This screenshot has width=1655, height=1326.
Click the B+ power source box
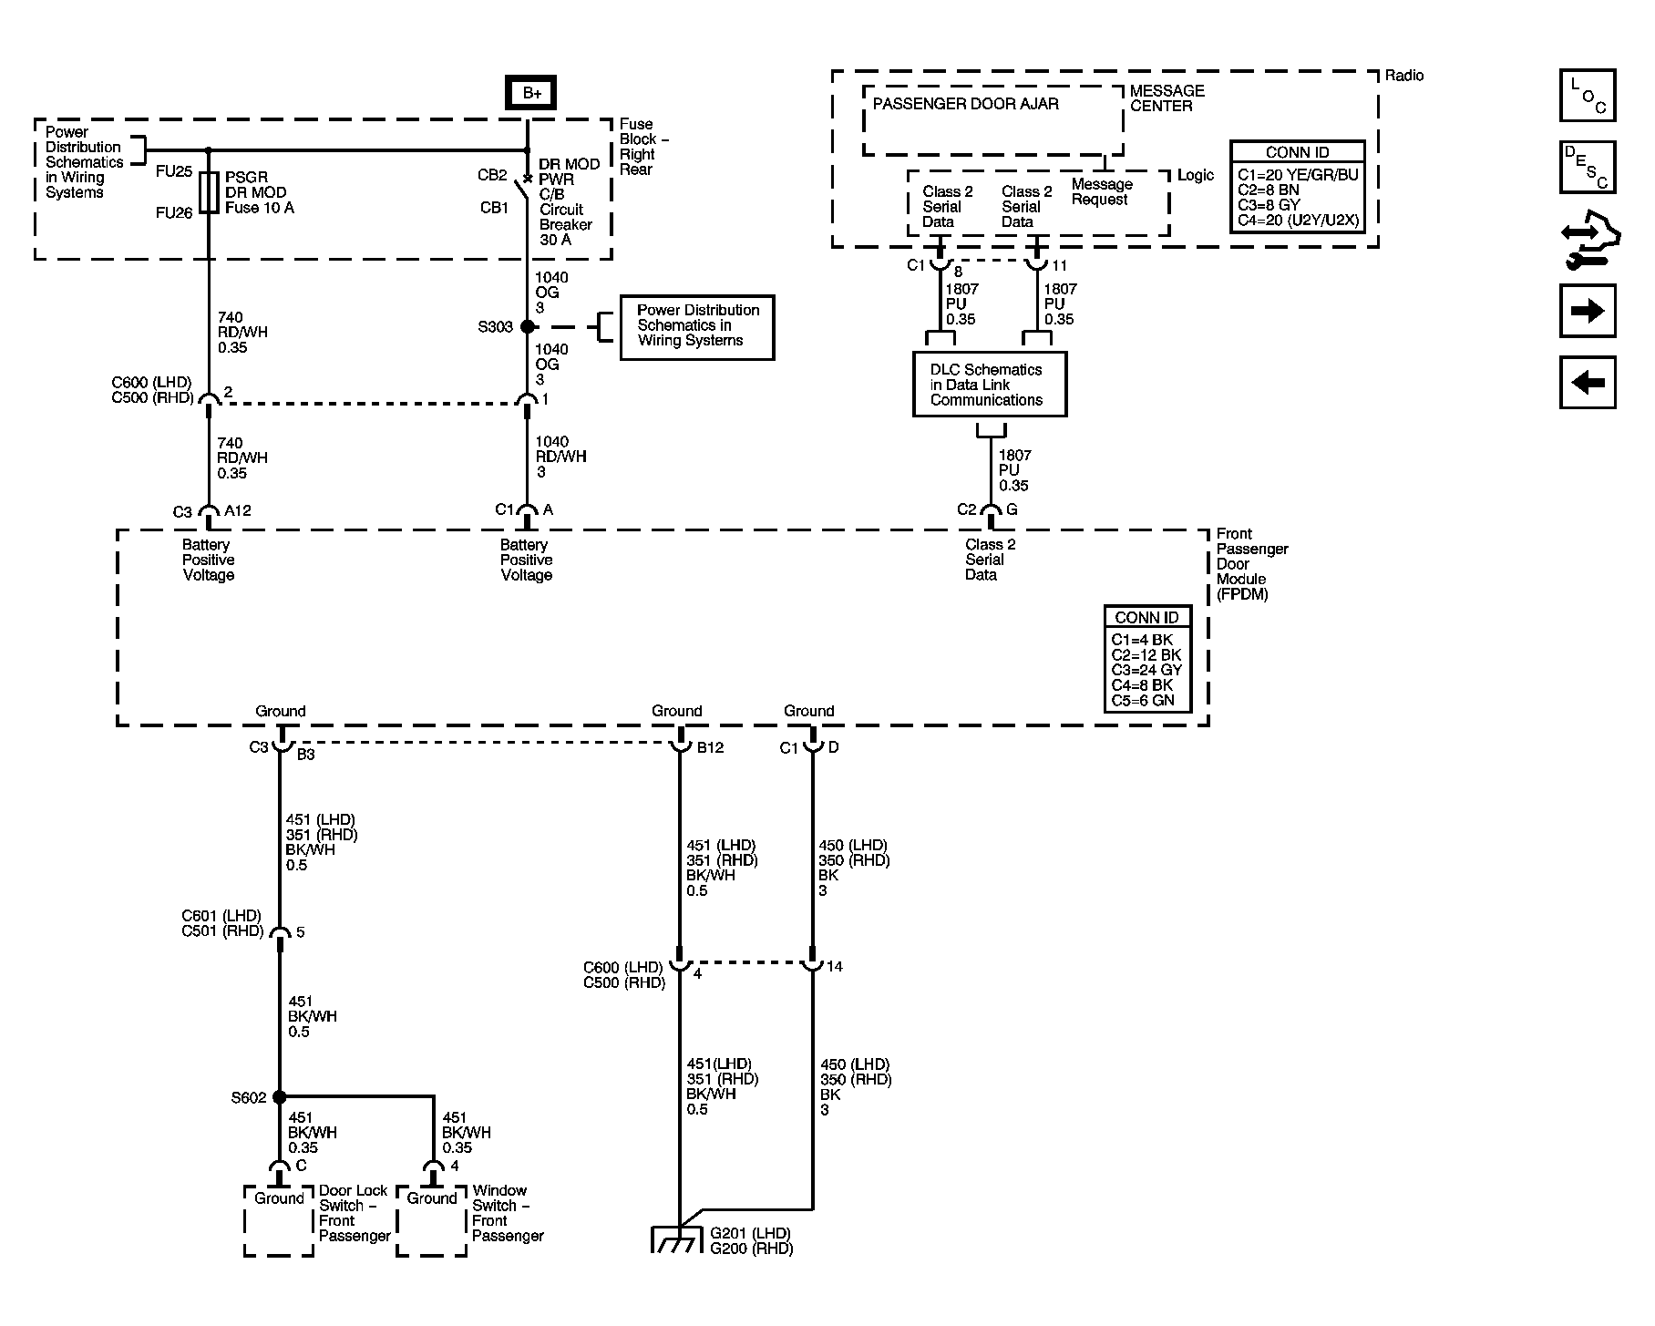pos(530,93)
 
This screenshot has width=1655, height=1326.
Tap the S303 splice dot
pos(528,326)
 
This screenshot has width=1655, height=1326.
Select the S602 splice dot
pos(280,1097)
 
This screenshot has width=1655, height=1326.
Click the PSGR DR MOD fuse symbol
pos(209,192)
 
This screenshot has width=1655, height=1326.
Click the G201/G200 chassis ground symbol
pos(680,1239)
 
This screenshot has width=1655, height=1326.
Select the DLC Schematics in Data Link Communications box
pos(990,385)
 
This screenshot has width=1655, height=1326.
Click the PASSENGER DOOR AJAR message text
pos(965,104)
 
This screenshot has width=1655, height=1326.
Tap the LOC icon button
pos(1587,96)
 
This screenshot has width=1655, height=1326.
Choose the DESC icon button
pos(1587,167)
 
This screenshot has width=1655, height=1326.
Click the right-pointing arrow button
pos(1587,311)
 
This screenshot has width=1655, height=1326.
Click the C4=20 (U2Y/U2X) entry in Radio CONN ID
pos(1298,220)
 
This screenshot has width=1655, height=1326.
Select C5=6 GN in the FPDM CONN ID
pos(1143,701)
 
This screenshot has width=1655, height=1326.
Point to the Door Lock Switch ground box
pos(279,1219)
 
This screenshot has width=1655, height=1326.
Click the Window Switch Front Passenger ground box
pos(432,1219)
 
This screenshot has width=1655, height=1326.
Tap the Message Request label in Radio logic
pos(1101,192)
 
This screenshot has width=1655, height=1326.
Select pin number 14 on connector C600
pos(834,966)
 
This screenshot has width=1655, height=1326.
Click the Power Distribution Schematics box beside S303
pos(697,326)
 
